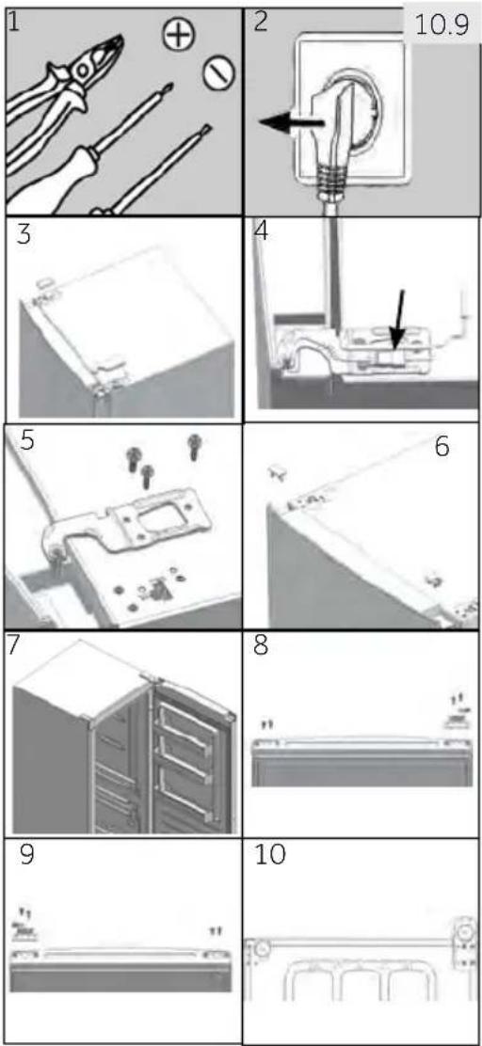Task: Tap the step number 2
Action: click(x=261, y=22)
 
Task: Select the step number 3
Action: click(x=24, y=234)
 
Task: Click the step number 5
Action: click(x=27, y=441)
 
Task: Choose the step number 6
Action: click(x=442, y=447)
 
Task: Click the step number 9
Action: click(x=27, y=855)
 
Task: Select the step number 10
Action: click(x=269, y=855)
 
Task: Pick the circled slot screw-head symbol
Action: click(x=217, y=73)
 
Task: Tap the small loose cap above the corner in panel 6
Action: click(x=277, y=473)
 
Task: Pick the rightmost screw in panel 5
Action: click(x=195, y=446)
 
